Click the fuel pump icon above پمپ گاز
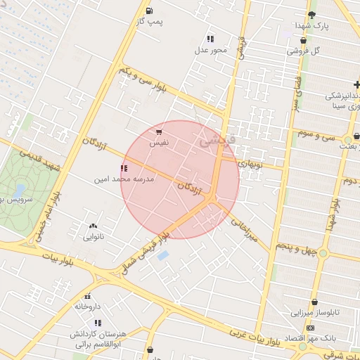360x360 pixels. (x=150, y=11)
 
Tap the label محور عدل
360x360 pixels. (x=211, y=50)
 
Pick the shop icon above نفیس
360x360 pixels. (x=160, y=131)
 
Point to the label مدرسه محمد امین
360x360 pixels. (x=124, y=179)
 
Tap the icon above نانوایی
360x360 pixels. (x=94, y=226)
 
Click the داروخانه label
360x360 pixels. (x=88, y=307)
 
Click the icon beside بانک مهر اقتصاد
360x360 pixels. (x=310, y=328)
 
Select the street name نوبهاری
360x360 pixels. (x=250, y=163)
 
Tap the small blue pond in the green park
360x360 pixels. (x=19, y=191)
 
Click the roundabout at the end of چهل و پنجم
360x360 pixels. (x=323, y=253)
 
